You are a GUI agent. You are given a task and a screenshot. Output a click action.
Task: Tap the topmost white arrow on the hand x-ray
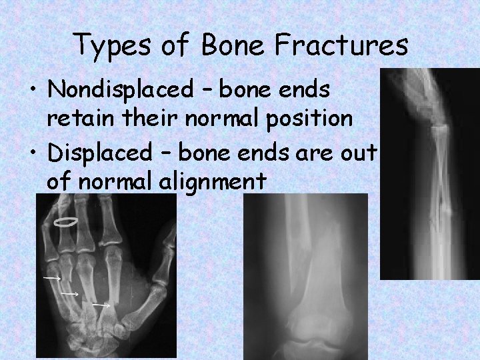52,276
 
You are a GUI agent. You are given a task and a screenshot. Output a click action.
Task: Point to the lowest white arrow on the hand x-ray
101,305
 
